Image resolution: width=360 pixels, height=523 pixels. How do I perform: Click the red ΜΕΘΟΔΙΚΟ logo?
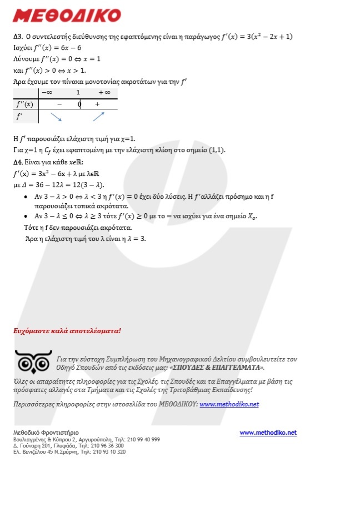click(x=66, y=15)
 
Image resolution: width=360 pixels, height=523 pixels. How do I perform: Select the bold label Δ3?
click(x=17, y=37)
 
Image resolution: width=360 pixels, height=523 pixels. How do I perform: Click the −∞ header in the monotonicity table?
click(x=47, y=92)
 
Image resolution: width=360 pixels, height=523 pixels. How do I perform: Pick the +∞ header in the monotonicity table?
click(x=104, y=92)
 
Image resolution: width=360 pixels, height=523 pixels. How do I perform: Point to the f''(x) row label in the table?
click(x=25, y=104)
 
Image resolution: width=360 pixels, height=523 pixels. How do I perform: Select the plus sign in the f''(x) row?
click(x=97, y=104)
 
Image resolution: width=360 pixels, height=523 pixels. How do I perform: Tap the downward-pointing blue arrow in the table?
click(x=56, y=117)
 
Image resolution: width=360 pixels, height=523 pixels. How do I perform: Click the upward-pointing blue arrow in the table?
click(x=98, y=116)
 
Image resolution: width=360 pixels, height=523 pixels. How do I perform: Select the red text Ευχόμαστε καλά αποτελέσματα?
click(x=67, y=330)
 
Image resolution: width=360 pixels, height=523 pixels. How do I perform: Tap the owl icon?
click(x=33, y=363)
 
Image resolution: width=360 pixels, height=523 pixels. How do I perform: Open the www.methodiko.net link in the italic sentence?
click(x=229, y=404)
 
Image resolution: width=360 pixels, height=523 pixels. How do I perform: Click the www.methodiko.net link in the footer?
click(x=268, y=433)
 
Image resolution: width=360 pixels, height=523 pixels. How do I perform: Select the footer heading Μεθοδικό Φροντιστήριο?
click(x=46, y=433)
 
